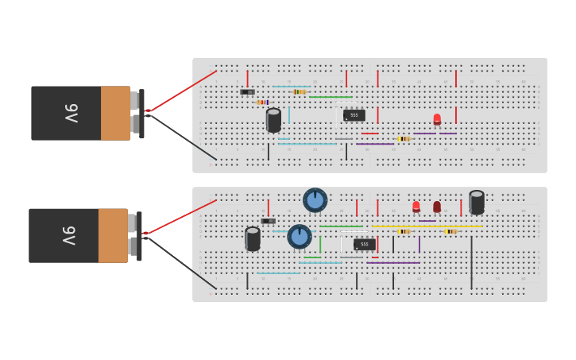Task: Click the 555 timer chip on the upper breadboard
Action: pyautogui.click(x=354, y=115)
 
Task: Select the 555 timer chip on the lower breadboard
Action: pyautogui.click(x=364, y=244)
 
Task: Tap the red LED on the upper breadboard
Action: pyautogui.click(x=437, y=119)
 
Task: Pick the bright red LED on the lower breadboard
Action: pyautogui.click(x=416, y=206)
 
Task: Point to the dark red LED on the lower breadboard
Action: pyautogui.click(x=437, y=206)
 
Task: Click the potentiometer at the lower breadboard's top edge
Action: pyautogui.click(x=315, y=199)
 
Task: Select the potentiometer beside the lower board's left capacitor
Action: pyautogui.click(x=299, y=236)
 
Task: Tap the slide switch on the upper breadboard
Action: pyautogui.click(x=247, y=92)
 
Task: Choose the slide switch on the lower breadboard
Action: pyautogui.click(x=269, y=221)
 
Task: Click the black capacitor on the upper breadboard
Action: pyautogui.click(x=273, y=120)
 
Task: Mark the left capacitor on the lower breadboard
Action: pyautogui.click(x=253, y=238)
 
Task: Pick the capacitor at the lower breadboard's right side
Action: pyautogui.click(x=477, y=202)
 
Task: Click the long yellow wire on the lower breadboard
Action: pyautogui.click(x=429, y=226)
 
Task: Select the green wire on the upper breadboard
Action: pyautogui.click(x=330, y=97)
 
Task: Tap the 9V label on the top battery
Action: pyautogui.click(x=69, y=113)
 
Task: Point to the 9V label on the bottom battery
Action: pyautogui.click(x=68, y=235)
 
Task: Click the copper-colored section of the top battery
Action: pyautogui.click(x=115, y=113)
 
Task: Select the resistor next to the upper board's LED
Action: pyautogui.click(x=404, y=138)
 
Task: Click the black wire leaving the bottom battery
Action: pyautogui.click(x=183, y=262)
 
